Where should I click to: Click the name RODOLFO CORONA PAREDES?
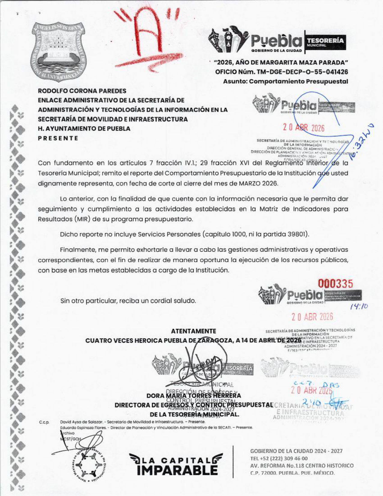coord(82,91)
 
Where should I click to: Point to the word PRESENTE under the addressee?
coord(58,138)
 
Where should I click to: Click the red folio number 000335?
coord(336,283)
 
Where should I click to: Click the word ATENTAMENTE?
coord(193,331)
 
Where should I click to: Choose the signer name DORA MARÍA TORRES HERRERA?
coord(194,396)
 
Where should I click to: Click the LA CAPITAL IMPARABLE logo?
coord(177,464)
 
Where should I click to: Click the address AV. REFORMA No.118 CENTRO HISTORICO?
coord(302,466)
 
